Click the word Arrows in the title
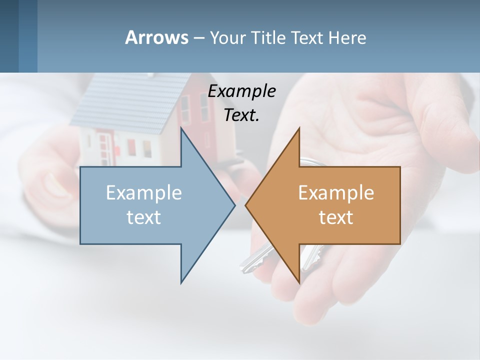[x=156, y=37]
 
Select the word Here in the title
[x=347, y=37]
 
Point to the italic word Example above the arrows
[x=241, y=91]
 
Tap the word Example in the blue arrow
[x=144, y=192]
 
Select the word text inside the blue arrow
[x=144, y=217]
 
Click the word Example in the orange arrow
[x=336, y=192]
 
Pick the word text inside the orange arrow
[x=336, y=217]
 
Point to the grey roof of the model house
[x=125, y=100]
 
